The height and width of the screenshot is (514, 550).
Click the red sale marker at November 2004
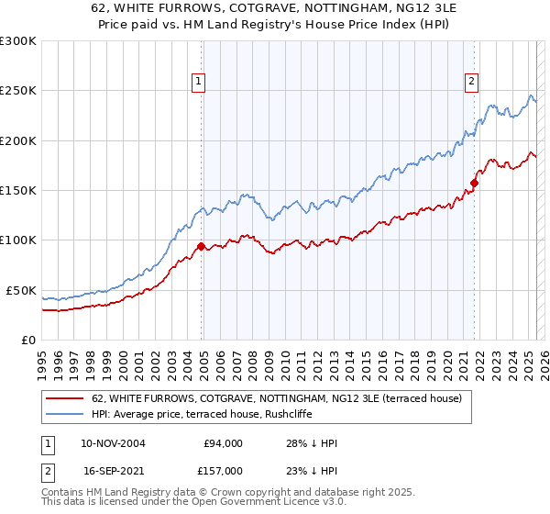tap(201, 246)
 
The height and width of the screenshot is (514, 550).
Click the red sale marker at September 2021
tap(474, 183)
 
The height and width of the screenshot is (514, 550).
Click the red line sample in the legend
tap(63, 398)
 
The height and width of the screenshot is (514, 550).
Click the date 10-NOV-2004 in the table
tap(114, 443)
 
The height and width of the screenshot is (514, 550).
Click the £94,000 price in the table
tap(221, 443)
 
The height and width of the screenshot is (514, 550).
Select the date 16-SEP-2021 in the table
tap(113, 470)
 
